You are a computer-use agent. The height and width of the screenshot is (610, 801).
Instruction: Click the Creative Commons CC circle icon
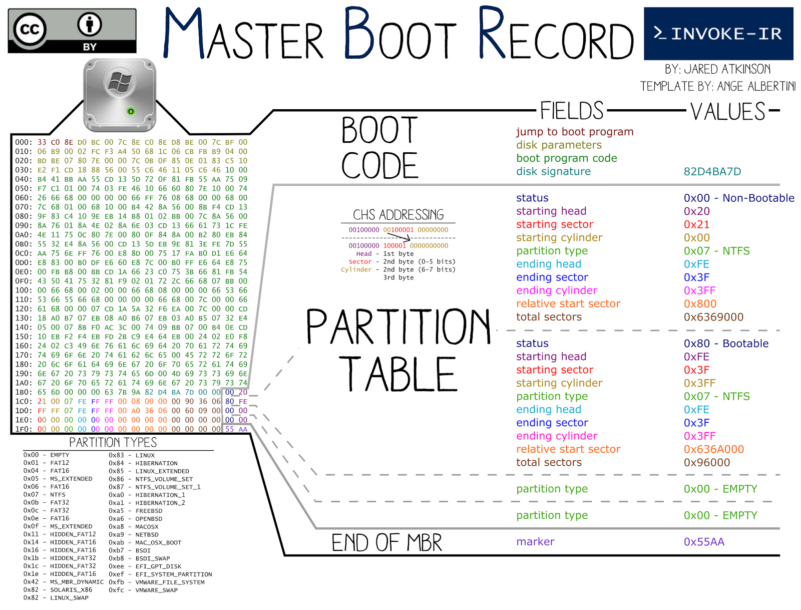point(30,30)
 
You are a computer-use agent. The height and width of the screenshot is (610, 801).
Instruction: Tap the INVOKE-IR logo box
point(718,34)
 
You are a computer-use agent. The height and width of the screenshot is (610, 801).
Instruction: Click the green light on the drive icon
point(131,111)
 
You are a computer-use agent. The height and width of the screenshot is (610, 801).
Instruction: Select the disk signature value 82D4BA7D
point(712,172)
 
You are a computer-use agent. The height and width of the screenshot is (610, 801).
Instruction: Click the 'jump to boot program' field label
point(574,132)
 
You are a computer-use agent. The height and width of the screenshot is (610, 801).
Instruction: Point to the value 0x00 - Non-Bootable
point(738,198)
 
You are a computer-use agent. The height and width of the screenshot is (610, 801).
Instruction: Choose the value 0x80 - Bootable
point(725,344)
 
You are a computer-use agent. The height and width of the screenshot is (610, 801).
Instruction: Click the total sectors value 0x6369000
point(713,317)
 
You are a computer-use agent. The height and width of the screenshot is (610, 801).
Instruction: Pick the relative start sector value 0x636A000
point(713,449)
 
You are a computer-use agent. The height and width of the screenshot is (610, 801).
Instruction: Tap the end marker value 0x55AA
point(703,542)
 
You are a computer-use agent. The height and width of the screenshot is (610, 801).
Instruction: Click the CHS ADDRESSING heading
point(398,215)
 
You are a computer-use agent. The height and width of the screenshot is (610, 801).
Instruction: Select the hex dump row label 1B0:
point(24,392)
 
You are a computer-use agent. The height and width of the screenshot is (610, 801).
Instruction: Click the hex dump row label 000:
point(24,142)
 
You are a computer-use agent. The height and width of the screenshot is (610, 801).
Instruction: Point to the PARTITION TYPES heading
point(113,442)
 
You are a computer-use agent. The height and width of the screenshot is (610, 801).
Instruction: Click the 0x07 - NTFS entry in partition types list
point(45,495)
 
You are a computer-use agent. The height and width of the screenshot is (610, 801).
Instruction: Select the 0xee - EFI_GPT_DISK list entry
point(145,566)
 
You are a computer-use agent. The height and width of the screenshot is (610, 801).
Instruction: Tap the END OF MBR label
point(386,543)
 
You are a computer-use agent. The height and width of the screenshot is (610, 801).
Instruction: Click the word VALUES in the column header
point(727,111)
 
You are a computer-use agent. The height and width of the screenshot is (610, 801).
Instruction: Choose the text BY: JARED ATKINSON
point(717,69)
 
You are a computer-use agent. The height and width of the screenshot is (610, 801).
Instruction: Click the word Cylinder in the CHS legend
point(356,269)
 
